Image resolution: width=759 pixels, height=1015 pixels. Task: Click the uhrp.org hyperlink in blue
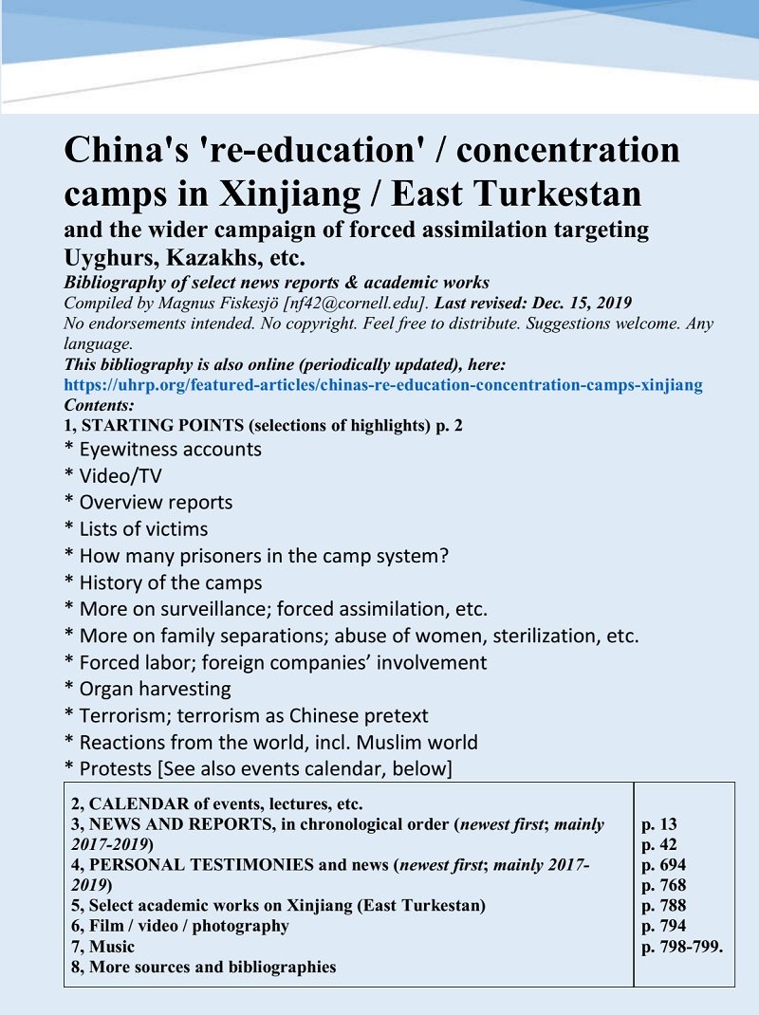(382, 385)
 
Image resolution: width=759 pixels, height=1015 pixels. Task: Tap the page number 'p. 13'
(659, 824)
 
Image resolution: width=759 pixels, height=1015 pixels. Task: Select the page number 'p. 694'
(664, 865)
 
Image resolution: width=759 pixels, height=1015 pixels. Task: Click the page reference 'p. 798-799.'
(682, 946)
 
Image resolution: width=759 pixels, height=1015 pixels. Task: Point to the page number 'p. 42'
(659, 844)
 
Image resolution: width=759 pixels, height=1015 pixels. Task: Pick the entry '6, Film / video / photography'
(180, 925)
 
